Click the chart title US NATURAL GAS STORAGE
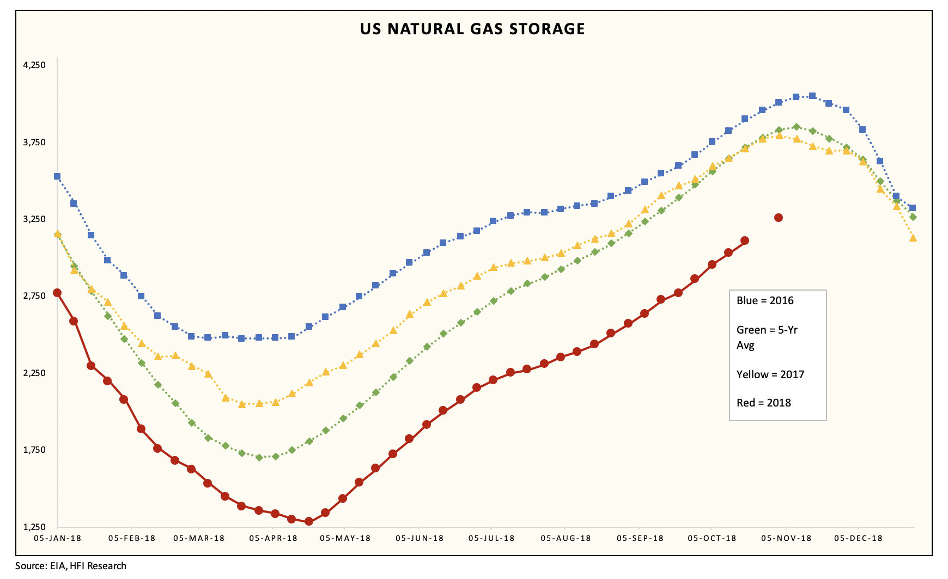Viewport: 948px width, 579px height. (472, 29)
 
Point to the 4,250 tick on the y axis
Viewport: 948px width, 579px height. (34, 65)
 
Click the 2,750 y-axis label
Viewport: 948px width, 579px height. (34, 296)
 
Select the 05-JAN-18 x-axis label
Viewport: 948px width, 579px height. (57, 538)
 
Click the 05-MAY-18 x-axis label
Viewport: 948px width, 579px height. (345, 538)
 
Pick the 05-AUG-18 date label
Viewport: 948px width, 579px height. (566, 538)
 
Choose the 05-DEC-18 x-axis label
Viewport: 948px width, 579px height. (858, 538)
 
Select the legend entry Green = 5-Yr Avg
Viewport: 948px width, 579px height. (767, 337)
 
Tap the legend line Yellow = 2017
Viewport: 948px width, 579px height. (770, 374)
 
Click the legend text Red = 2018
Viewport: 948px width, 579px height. (763, 403)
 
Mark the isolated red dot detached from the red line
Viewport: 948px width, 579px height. (779, 218)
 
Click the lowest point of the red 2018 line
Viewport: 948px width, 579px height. (309, 521)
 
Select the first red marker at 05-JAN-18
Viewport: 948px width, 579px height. (57, 293)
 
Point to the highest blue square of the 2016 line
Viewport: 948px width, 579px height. (812, 96)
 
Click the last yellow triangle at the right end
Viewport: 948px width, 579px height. (913, 238)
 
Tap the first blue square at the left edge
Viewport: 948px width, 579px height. (57, 176)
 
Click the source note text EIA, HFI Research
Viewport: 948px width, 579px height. (71, 566)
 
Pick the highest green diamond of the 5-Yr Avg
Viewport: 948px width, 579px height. (796, 127)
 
